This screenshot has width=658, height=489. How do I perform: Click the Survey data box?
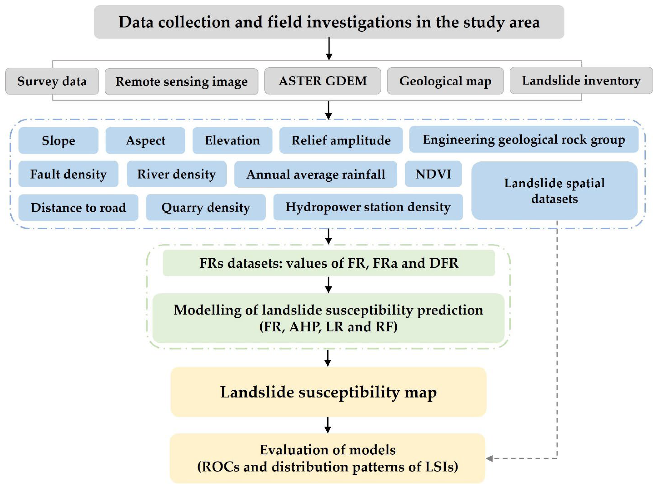pyautogui.click(x=52, y=81)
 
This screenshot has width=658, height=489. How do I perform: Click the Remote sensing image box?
pyautogui.click(x=181, y=81)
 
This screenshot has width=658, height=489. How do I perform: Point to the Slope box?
pyautogui.click(x=58, y=140)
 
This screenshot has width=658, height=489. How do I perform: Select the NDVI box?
pyautogui.click(x=433, y=174)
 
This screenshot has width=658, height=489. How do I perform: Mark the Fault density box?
pyautogui.click(x=68, y=174)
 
